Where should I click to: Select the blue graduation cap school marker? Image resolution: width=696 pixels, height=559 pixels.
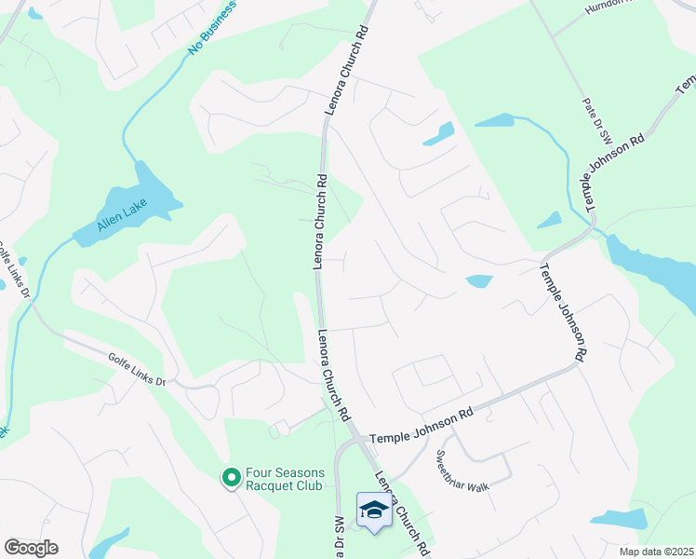click(x=374, y=510)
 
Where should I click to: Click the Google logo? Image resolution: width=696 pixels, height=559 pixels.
click(x=31, y=548)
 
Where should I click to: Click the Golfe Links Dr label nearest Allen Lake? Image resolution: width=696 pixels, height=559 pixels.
click(x=14, y=272)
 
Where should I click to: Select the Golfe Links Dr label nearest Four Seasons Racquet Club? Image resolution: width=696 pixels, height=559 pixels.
click(x=136, y=368)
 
